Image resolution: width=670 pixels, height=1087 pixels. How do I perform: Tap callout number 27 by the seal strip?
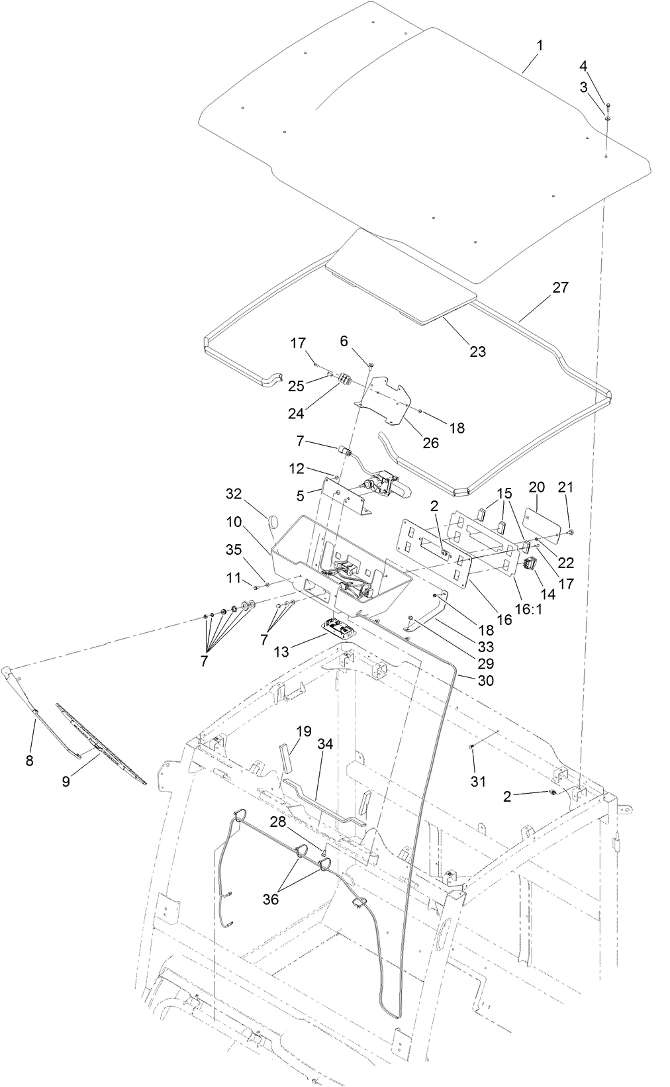coord(560,288)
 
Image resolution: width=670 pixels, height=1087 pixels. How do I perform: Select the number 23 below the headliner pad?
coord(477,352)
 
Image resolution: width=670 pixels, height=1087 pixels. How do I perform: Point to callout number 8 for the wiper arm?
coord(29,761)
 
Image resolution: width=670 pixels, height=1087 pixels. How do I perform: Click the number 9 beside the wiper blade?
coord(66,782)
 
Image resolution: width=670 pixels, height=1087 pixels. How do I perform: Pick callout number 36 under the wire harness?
coord(271,899)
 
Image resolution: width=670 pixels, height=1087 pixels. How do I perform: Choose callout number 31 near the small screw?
coord(478,782)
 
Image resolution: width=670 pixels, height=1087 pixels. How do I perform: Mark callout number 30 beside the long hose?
coord(485,681)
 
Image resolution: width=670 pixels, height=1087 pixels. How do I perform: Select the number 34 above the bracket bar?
coord(325,745)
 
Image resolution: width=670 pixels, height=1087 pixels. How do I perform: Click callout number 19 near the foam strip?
coord(303,732)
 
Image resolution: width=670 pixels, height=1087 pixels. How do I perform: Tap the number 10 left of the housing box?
coord(234,521)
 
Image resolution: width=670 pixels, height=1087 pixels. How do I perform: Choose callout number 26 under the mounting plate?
coord(431,443)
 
